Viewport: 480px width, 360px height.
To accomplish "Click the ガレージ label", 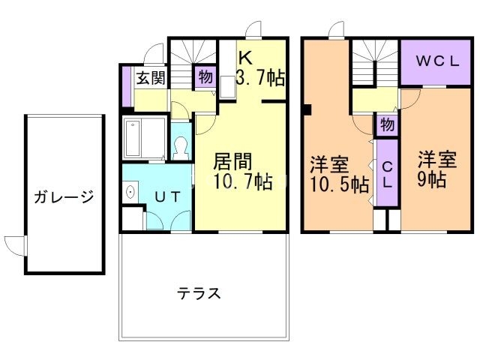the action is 64,196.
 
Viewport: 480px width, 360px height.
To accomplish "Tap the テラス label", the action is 199,293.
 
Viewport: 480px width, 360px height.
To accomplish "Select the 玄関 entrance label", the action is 151,78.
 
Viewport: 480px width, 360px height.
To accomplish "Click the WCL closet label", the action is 437,61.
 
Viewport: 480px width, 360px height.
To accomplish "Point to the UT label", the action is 168,196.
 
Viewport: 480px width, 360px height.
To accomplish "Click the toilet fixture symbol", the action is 181,148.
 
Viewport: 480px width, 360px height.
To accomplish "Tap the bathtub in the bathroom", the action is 133,138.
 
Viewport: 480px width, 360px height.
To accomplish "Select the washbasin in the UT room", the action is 130,192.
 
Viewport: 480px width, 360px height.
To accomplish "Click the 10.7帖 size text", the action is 243,181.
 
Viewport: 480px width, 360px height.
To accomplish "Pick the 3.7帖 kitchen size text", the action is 260,78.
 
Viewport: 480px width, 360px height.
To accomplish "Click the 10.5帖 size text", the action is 340,184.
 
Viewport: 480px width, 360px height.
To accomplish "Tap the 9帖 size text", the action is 432,179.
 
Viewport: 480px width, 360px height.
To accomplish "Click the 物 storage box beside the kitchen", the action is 205,76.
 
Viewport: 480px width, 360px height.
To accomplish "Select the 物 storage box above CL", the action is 387,124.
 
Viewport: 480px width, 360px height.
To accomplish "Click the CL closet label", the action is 387,175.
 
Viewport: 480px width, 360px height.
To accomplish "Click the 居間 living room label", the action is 232,161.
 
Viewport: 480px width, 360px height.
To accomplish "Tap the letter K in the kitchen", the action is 245,58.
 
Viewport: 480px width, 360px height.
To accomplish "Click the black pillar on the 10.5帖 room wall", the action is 307,110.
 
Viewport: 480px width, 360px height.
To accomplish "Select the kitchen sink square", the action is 227,87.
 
